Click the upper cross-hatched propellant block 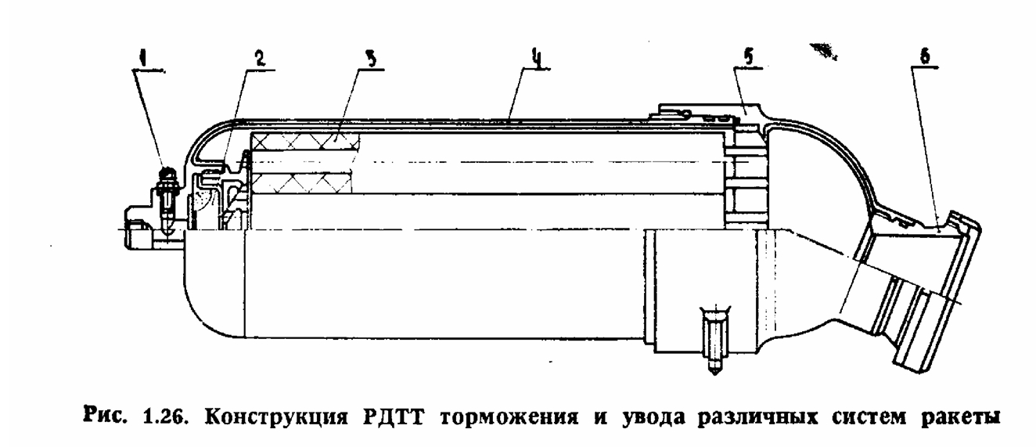pyautogui.click(x=305, y=141)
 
